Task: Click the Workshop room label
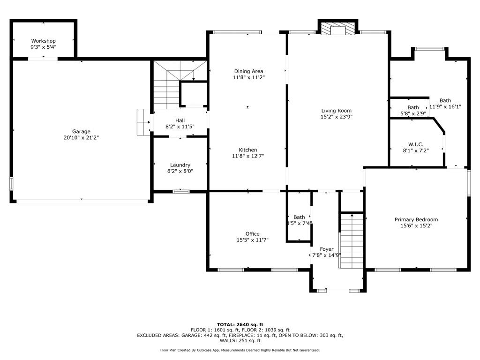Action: pos(43,41)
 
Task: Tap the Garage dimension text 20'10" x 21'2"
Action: pos(81,137)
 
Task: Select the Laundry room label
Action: pos(180,165)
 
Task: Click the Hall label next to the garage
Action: pos(180,120)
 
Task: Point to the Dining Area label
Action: pos(248,71)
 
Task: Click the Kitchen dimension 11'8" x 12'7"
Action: pos(248,156)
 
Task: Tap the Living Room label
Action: pos(336,111)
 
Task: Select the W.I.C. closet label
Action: pos(416,144)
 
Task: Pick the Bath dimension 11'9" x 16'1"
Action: pos(445,106)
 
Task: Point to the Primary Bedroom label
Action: pos(416,219)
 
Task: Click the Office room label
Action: pos(252,234)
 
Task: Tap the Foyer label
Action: pos(327,249)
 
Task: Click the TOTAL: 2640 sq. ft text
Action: pos(240,324)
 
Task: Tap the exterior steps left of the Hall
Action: pos(143,122)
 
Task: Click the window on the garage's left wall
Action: pos(11,183)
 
